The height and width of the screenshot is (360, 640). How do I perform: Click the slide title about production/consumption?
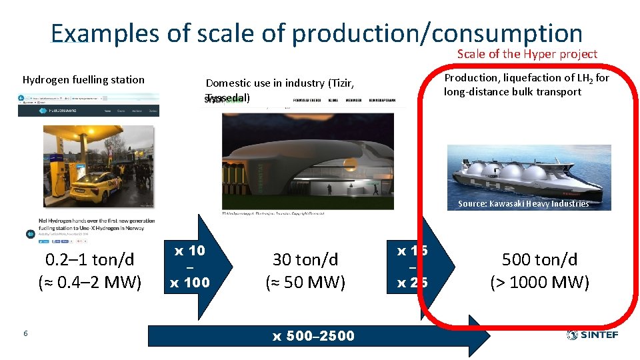[x=316, y=33]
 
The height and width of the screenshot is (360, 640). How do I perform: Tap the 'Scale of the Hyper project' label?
[x=527, y=54]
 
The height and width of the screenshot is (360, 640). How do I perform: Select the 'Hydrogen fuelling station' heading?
[x=83, y=80]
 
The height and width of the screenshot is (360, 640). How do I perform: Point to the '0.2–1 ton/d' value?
[x=89, y=259]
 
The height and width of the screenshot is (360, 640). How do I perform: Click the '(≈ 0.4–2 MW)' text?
[x=89, y=283]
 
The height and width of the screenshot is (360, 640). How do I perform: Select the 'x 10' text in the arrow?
[x=189, y=251]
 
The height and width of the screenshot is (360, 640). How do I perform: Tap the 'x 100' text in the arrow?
[x=189, y=283]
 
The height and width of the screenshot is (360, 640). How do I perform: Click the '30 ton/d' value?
[x=305, y=259]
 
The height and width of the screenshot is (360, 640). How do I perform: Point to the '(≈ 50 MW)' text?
[x=305, y=283]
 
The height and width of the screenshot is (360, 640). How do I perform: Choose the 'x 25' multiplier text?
[x=412, y=283]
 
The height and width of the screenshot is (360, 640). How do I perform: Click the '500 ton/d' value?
[x=539, y=259]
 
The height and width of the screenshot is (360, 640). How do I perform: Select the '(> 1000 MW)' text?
[x=539, y=283]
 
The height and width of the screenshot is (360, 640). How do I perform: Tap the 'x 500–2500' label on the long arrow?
[x=313, y=336]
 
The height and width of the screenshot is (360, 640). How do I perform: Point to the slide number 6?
[x=25, y=333]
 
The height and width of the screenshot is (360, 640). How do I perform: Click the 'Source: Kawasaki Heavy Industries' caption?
[x=523, y=204]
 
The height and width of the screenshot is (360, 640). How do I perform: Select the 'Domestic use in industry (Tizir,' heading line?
[x=279, y=83]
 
